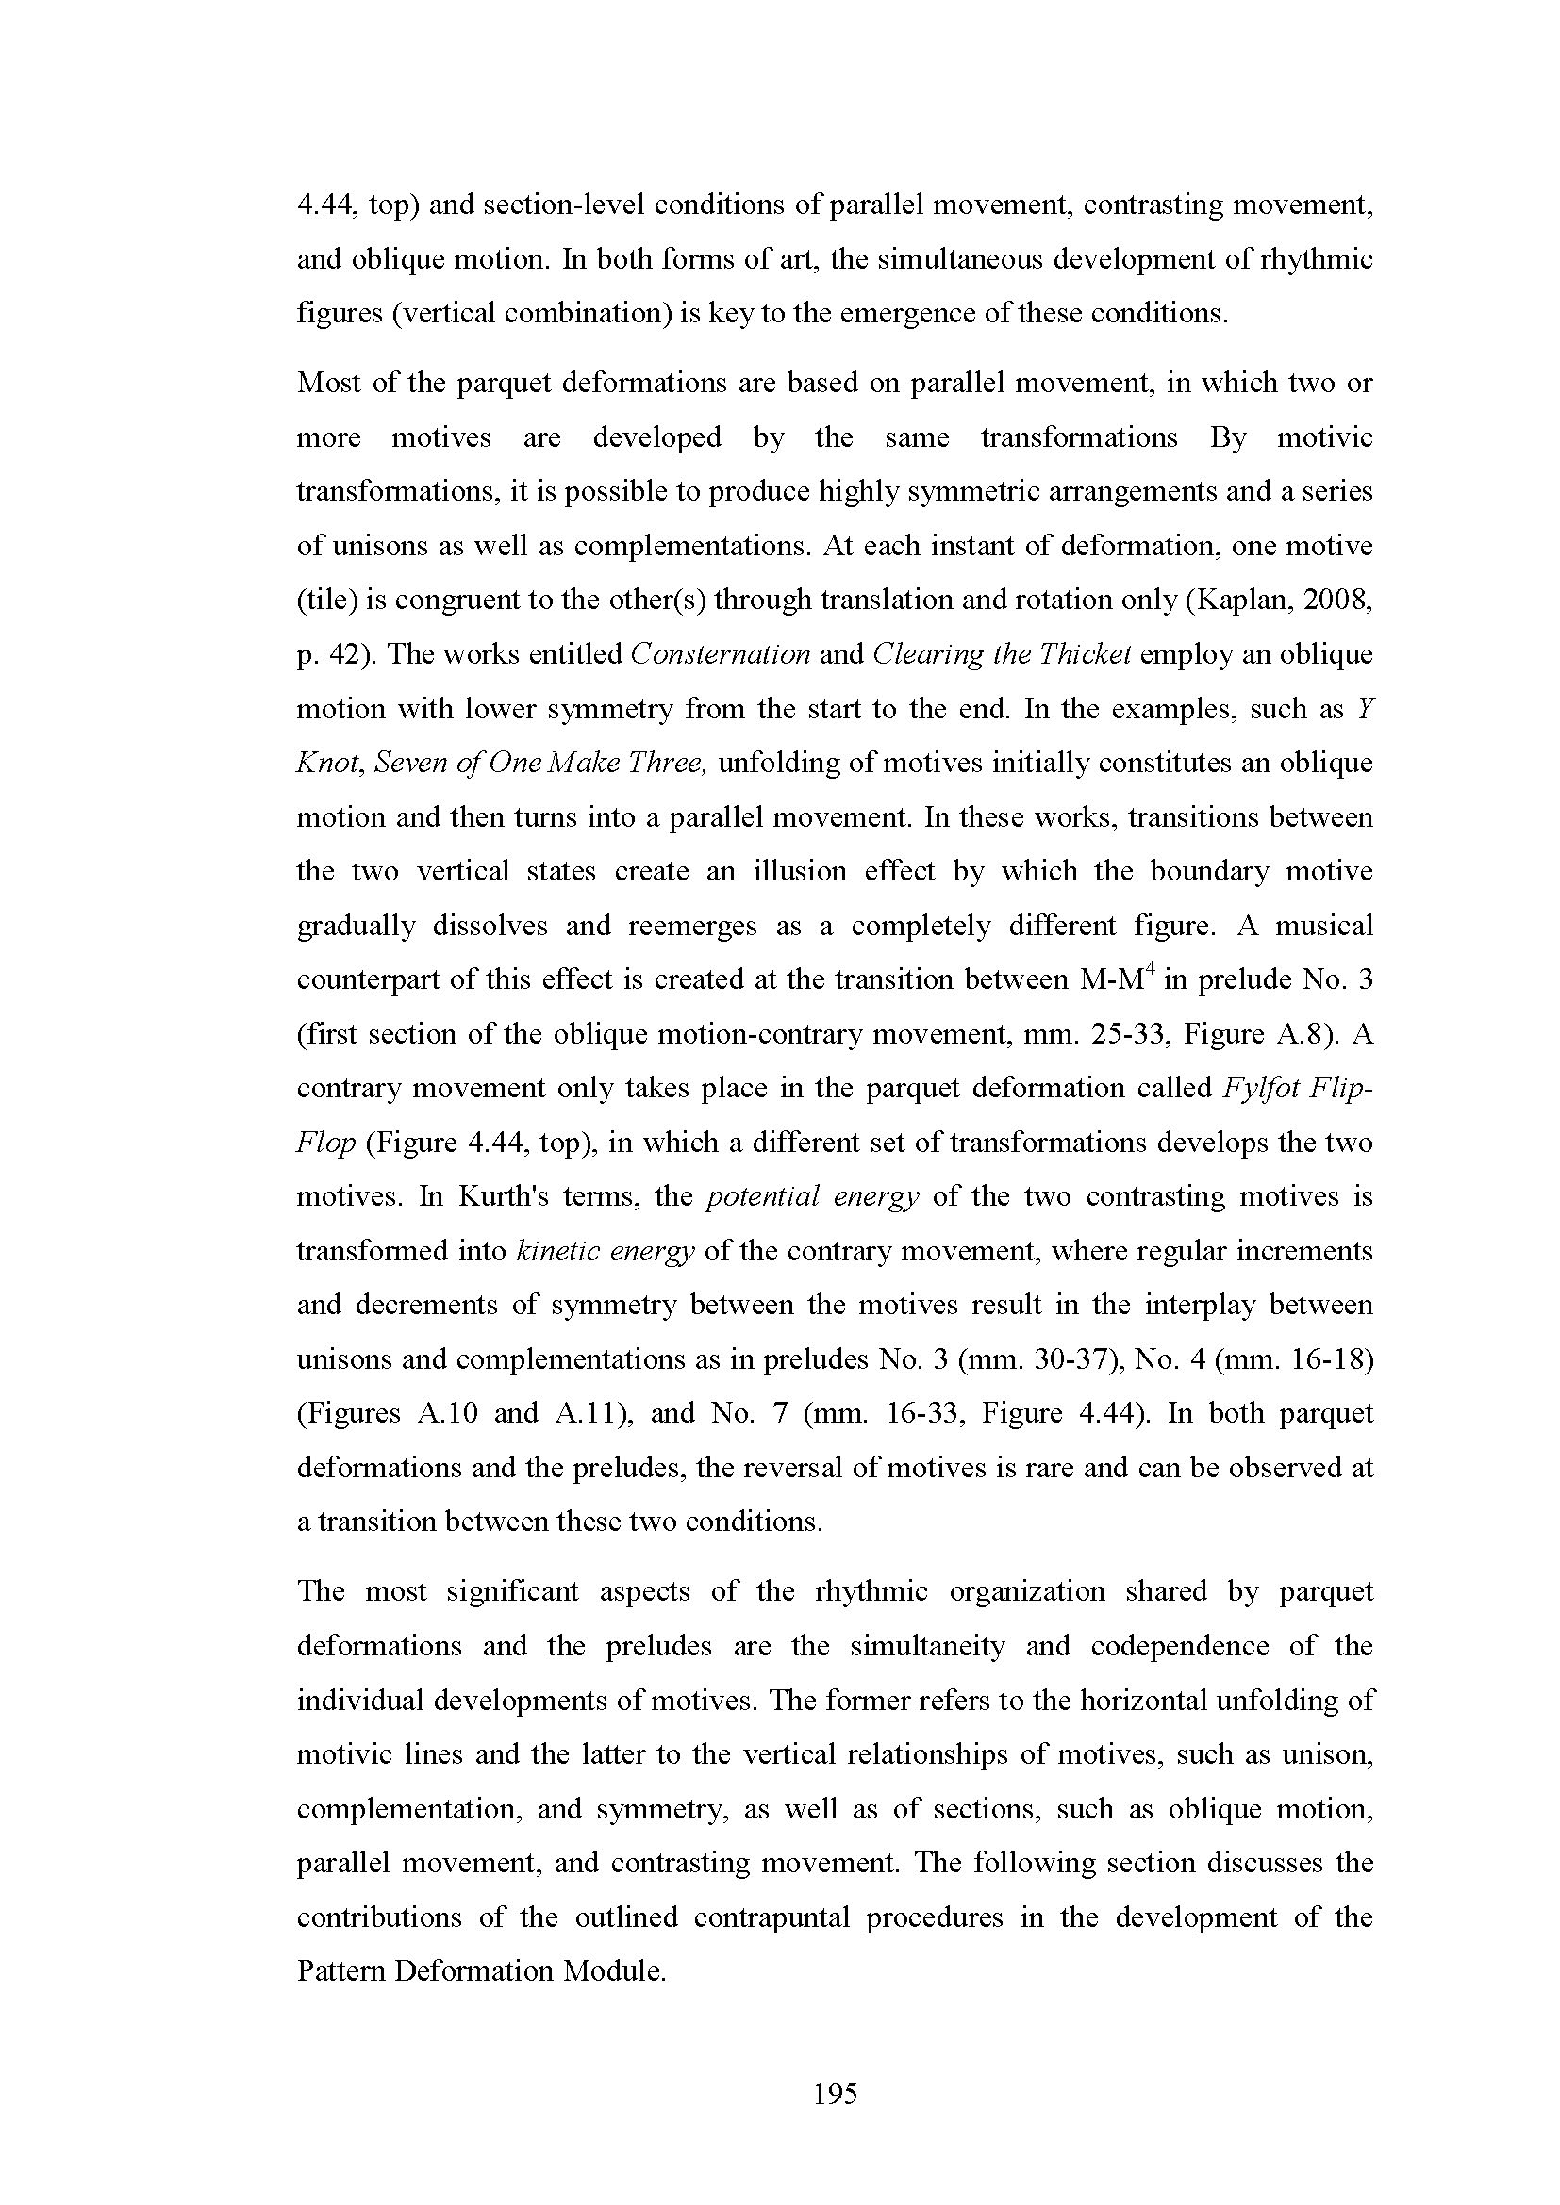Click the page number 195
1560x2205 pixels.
835,2094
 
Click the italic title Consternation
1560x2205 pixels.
721,655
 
